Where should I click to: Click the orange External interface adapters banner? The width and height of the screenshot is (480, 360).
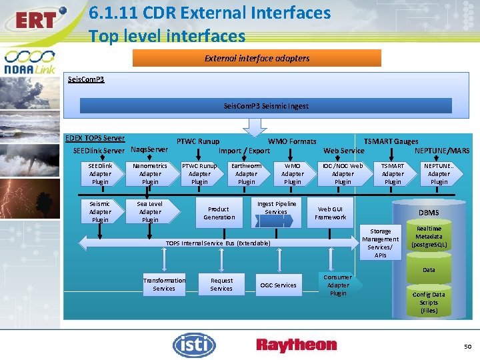(x=257, y=58)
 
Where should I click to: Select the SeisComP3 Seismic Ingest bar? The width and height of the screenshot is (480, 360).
(x=266, y=105)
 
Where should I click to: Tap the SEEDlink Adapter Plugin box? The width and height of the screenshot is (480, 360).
(x=100, y=173)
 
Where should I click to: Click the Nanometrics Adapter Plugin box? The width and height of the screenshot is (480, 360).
(x=150, y=173)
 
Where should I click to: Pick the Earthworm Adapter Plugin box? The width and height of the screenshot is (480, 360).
(x=247, y=173)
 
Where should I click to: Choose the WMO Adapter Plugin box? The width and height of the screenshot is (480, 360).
(x=293, y=173)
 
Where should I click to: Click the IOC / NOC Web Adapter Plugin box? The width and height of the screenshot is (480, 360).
(x=343, y=173)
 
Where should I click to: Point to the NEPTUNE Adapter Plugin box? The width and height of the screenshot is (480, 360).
(x=439, y=173)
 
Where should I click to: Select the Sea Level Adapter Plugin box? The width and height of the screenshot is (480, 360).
(x=150, y=211)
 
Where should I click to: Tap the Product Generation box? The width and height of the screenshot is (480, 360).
(x=219, y=213)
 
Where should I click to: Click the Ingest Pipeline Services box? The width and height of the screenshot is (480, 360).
(x=276, y=208)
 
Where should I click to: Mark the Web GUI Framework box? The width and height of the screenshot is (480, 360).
(x=331, y=213)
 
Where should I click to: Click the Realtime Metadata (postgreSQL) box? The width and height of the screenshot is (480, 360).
(x=429, y=237)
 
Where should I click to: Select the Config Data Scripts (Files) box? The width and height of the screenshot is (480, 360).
(x=429, y=302)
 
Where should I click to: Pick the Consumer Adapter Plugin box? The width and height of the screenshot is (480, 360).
(x=338, y=285)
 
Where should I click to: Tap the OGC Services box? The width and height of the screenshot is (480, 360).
(x=279, y=285)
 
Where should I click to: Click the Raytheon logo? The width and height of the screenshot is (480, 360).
(x=297, y=345)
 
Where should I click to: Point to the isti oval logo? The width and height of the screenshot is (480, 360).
(x=194, y=345)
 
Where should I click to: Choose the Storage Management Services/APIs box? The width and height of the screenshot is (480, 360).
(x=381, y=243)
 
